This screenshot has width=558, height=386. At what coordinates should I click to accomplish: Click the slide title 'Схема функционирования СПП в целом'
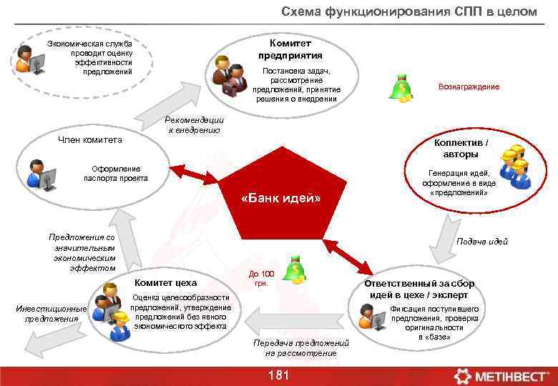pyautogui.click(x=408, y=12)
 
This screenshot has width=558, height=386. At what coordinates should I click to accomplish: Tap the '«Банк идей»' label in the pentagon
pyautogui.click(x=282, y=198)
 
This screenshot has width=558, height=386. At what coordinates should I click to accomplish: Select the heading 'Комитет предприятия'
pyautogui.click(x=290, y=49)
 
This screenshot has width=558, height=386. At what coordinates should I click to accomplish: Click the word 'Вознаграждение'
pyautogui.click(x=469, y=86)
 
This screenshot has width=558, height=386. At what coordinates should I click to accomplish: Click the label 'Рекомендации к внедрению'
pyautogui.click(x=195, y=125)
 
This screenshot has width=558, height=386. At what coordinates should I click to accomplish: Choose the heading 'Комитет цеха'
pyautogui.click(x=165, y=282)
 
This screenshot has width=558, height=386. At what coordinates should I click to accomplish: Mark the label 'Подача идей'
pyautogui.click(x=482, y=242)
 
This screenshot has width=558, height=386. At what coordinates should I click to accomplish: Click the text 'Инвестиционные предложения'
pyautogui.click(x=51, y=314)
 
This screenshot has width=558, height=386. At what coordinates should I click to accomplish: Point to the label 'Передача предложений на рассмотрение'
pyautogui.click(x=300, y=348)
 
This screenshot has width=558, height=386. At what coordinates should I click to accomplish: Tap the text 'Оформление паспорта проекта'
pyautogui.click(x=115, y=173)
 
